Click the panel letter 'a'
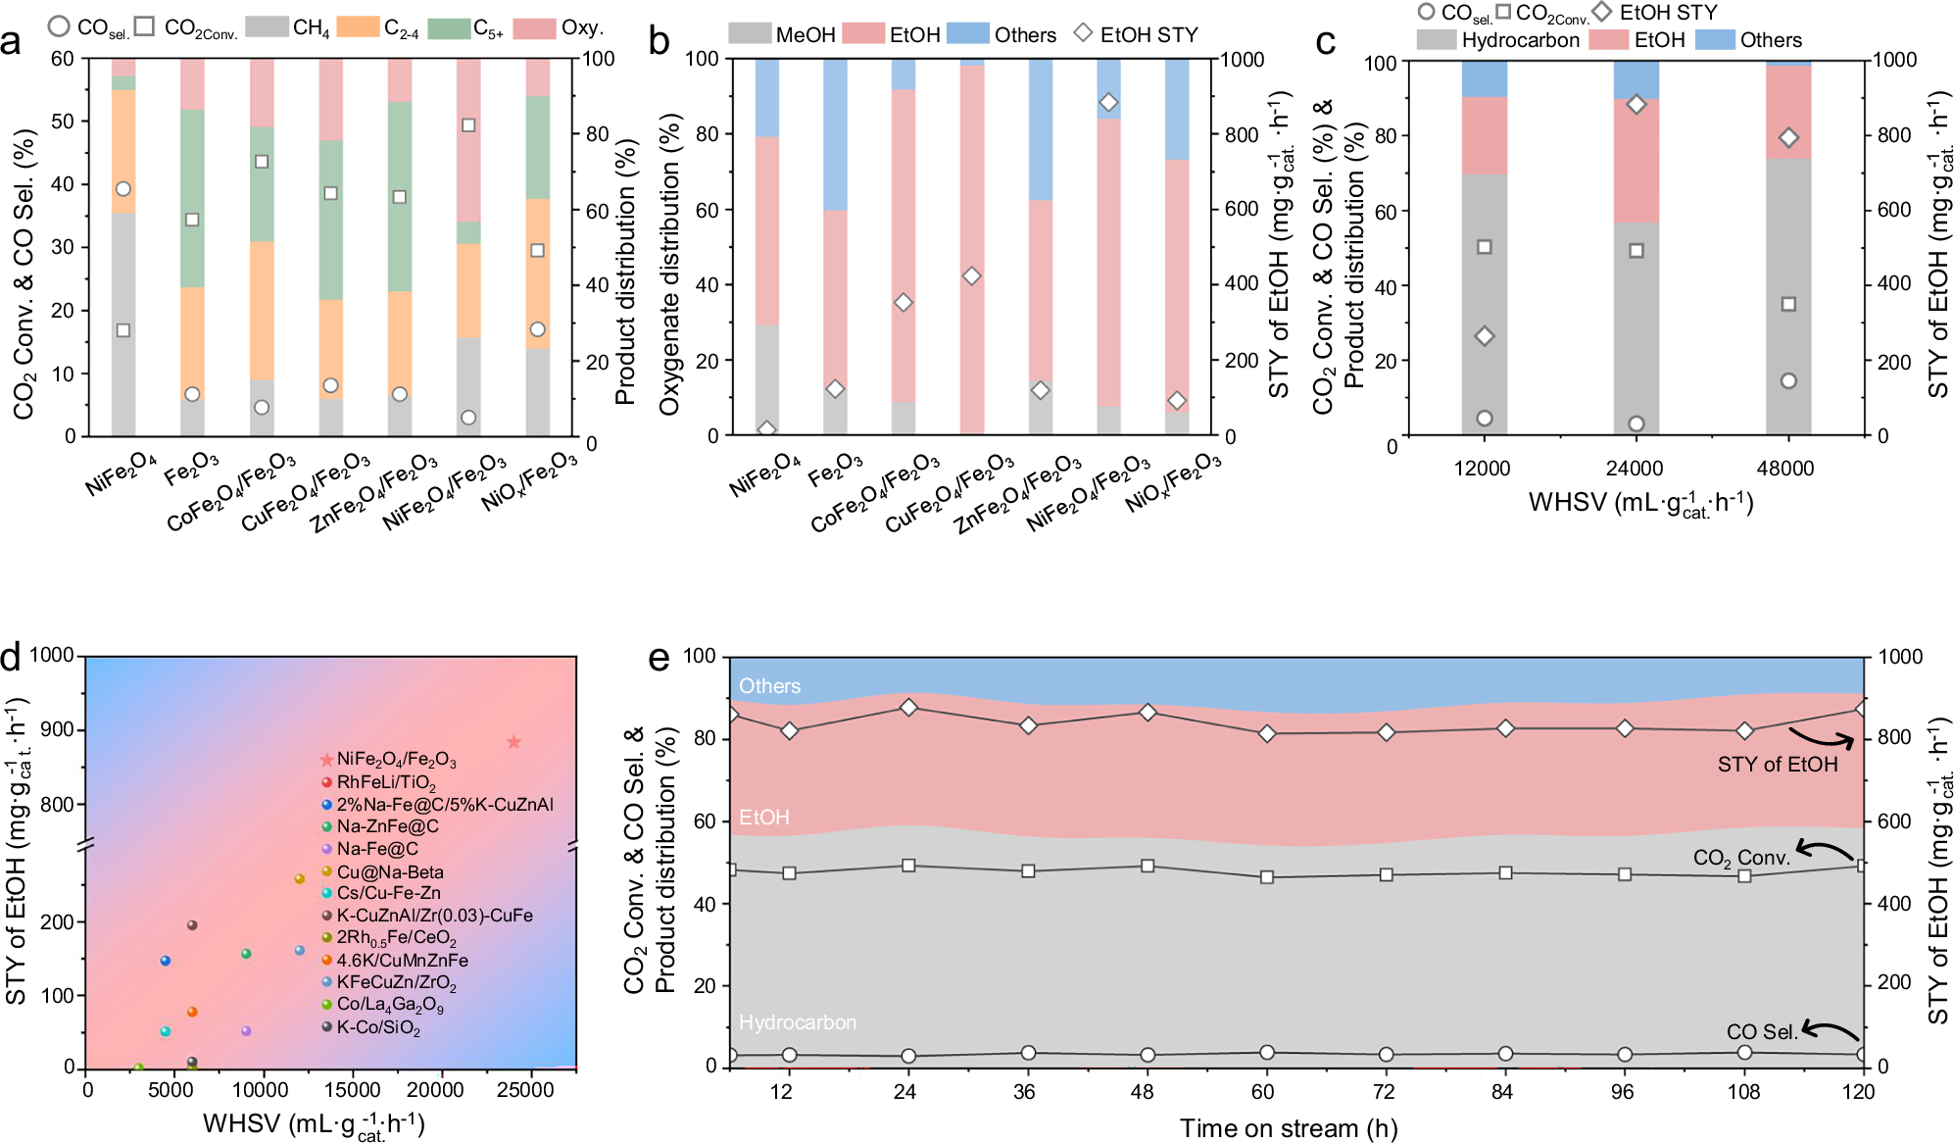click(12, 43)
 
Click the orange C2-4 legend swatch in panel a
click(357, 26)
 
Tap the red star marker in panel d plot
click(513, 742)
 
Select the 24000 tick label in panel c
click(1635, 469)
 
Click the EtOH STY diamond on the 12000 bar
click(1484, 336)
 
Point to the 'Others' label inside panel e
click(769, 686)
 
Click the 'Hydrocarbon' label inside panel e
click(797, 1022)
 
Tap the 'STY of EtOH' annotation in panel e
click(1777, 765)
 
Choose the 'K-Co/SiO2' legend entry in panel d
click(377, 1028)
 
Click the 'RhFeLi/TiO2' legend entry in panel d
click(385, 782)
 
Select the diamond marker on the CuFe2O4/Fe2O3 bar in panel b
click(971, 276)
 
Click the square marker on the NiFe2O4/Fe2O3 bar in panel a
click(468, 125)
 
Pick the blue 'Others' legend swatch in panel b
click(967, 34)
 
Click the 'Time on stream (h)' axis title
click(1288, 1128)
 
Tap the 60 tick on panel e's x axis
click(1262, 1092)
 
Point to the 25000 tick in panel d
click(525, 1090)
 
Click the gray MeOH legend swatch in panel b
click(750, 34)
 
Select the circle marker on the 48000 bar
click(1788, 380)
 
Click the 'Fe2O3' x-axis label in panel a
click(192, 470)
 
